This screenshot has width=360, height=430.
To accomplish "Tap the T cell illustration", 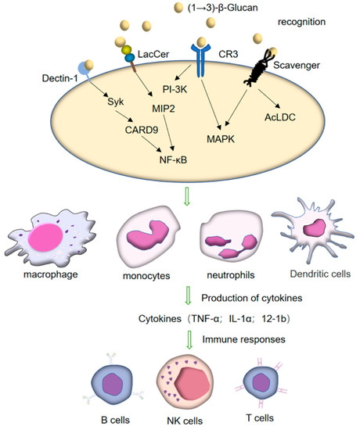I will [259, 383].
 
